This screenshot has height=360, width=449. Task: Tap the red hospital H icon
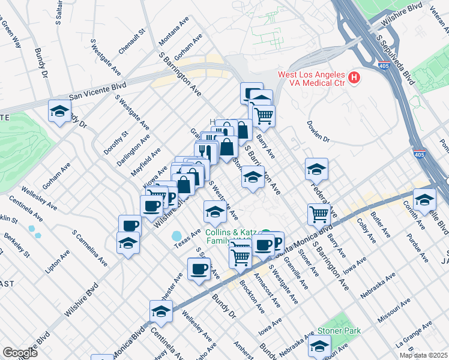click(354, 78)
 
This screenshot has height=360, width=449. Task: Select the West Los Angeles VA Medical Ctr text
click(311, 79)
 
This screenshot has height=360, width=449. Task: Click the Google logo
click(20, 352)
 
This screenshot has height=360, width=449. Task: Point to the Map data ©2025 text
click(423, 355)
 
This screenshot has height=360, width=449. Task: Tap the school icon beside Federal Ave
click(316, 170)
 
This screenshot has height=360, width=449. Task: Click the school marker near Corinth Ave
click(424, 200)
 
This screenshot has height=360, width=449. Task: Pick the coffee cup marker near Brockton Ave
click(199, 269)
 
